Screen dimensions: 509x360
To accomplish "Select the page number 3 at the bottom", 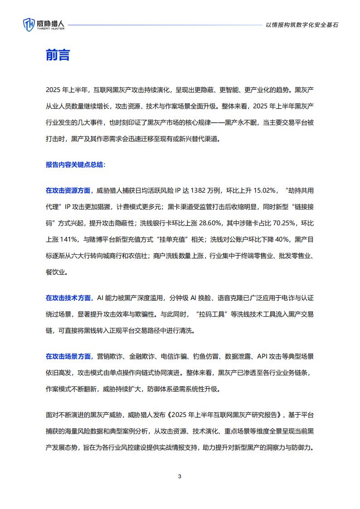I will pos(180,476).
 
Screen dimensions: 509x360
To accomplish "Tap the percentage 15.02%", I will pos(263,190).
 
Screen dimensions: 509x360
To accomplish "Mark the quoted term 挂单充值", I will pos(175,239).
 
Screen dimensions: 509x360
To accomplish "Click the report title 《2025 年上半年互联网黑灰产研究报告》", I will pos(226,414).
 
